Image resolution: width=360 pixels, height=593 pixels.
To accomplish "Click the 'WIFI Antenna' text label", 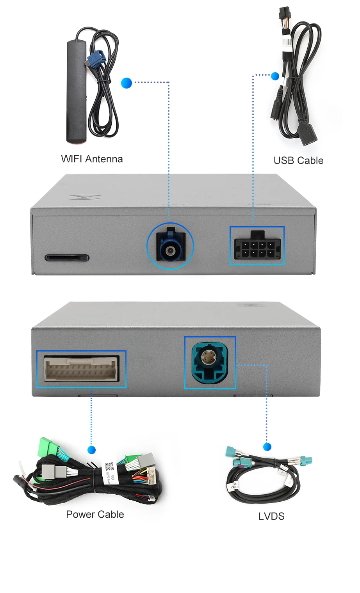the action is pos(92,159).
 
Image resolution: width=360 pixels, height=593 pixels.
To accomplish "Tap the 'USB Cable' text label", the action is pos(298,161).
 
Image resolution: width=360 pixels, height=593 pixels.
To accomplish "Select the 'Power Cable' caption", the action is pos(95,515).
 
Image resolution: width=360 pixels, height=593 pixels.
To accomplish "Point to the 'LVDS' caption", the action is pos(271,517).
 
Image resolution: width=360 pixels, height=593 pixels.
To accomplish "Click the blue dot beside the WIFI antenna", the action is pos(127,83).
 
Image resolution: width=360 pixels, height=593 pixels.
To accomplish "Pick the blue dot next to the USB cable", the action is pos(275,76).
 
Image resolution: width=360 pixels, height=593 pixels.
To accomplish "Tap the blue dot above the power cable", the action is pos(92,450).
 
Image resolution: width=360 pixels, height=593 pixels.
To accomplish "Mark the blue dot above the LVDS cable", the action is pos(267,447).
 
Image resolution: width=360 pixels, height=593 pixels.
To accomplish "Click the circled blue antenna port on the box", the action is pos(170,247).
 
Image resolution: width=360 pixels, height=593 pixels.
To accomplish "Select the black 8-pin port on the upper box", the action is pos(257,247).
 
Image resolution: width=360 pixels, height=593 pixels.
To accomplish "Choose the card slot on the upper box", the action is pos(67,257).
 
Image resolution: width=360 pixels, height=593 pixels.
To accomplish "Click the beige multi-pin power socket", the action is pos(81,369).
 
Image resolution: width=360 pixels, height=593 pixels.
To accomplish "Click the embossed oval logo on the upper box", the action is pos(84,197).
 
